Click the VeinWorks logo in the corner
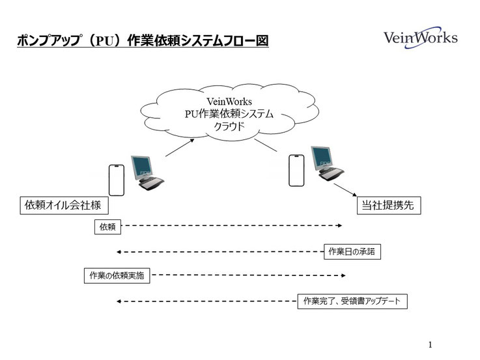pos(420,38)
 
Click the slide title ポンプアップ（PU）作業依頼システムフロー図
pos(143,40)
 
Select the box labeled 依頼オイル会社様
pos(64,205)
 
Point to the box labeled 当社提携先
pos(389,205)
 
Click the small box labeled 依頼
pos(107,227)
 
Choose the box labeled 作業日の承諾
pos(352,251)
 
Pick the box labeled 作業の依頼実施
pos(117,275)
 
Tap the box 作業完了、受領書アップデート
pos(352,301)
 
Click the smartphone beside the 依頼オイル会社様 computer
pos(117,180)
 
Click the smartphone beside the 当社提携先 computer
pos(296,171)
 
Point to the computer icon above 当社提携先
pos(327,163)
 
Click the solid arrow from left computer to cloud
pos(180,147)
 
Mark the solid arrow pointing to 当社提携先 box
pos(345,190)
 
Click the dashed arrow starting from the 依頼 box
pos(232,225)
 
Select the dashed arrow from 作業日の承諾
pos(220,252)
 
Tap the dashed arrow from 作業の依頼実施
pos(249,275)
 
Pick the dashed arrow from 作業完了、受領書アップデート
pos(207,301)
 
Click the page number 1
pos(430,345)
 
